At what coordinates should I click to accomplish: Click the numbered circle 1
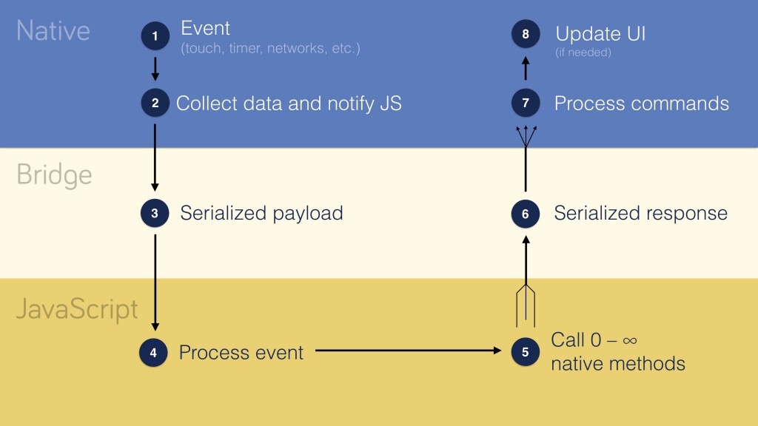coord(155,35)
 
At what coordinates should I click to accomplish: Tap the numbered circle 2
coord(155,103)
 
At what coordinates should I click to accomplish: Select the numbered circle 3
coord(155,214)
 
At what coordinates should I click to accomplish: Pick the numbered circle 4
coord(153,352)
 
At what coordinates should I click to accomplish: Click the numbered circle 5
coord(525,352)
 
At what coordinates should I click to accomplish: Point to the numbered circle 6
coord(525,214)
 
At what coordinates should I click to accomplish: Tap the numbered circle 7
coord(525,103)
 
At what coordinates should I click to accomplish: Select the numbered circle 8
coord(525,35)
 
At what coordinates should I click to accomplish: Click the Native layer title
coord(53,30)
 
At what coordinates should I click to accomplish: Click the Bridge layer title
coord(54,175)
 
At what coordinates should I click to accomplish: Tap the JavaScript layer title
coord(77,308)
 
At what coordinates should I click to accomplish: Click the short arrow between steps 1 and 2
coord(155,68)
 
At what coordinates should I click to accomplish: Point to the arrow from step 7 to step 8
coord(525,69)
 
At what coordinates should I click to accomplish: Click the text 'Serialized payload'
coord(261,214)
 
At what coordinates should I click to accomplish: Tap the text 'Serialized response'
coord(640,214)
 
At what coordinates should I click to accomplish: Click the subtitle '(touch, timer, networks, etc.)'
coord(270,50)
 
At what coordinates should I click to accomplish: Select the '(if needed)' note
coord(583,53)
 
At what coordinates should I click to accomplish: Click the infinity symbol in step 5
coord(630,341)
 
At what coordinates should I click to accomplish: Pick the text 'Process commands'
coord(641,104)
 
